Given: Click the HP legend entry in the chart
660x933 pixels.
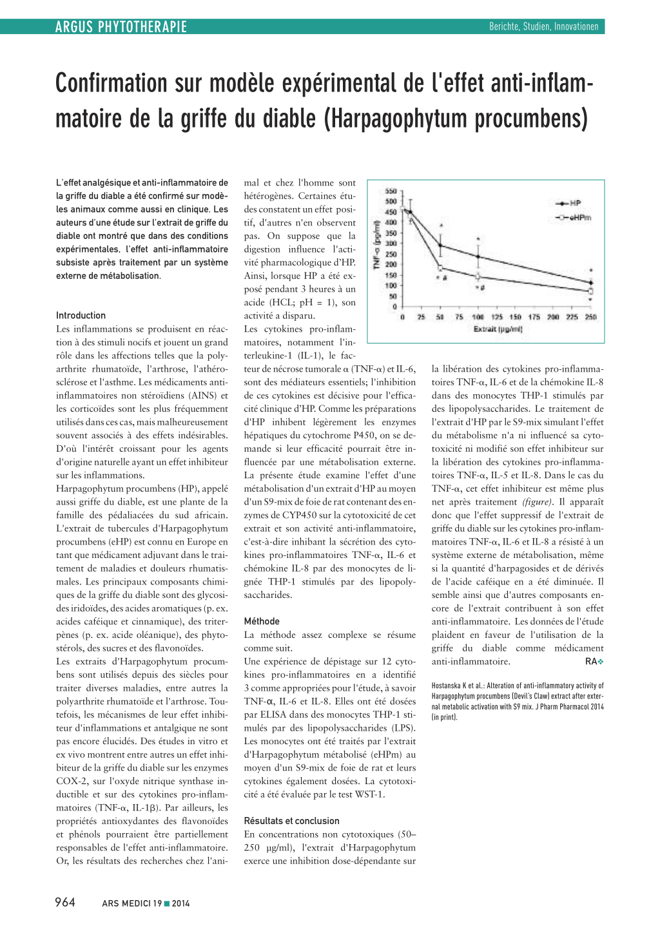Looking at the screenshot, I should pyautogui.click(x=568, y=203).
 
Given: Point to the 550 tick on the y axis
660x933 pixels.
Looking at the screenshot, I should pyautogui.click(x=391, y=191).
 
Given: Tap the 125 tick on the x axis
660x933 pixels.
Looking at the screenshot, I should pyautogui.click(x=497, y=317).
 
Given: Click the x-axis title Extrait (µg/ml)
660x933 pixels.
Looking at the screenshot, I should pyautogui.click(x=498, y=329).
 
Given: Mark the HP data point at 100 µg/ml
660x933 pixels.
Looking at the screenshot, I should pyautogui.click(x=478, y=256).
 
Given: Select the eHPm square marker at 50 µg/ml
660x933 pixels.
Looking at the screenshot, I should pyautogui.click(x=440, y=268).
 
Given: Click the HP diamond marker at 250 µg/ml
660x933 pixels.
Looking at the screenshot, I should pyautogui.click(x=591, y=282).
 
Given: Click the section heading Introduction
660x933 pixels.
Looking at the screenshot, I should pyautogui.click(x=81, y=315).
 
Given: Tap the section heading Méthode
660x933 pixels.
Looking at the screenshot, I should pyautogui.click(x=262, y=621).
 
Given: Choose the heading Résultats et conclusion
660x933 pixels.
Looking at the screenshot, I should pyautogui.click(x=291, y=821).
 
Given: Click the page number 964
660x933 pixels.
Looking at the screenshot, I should pyautogui.click(x=65, y=902).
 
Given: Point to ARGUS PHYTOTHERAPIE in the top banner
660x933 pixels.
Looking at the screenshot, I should pyautogui.click(x=121, y=27).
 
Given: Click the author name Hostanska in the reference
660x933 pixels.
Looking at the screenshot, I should pyautogui.click(x=447, y=686).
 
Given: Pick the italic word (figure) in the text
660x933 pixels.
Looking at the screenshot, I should pyautogui.click(x=538, y=502).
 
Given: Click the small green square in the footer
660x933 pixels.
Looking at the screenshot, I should pyautogui.click(x=167, y=903).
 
